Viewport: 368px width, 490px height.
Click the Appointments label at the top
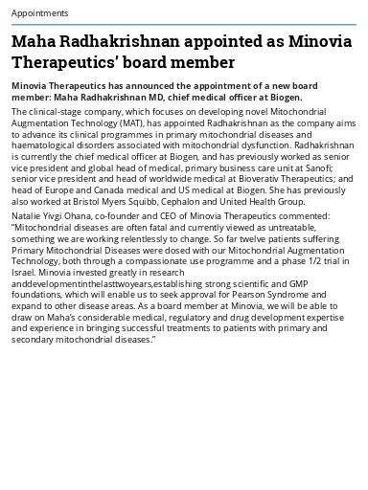click(39, 13)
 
